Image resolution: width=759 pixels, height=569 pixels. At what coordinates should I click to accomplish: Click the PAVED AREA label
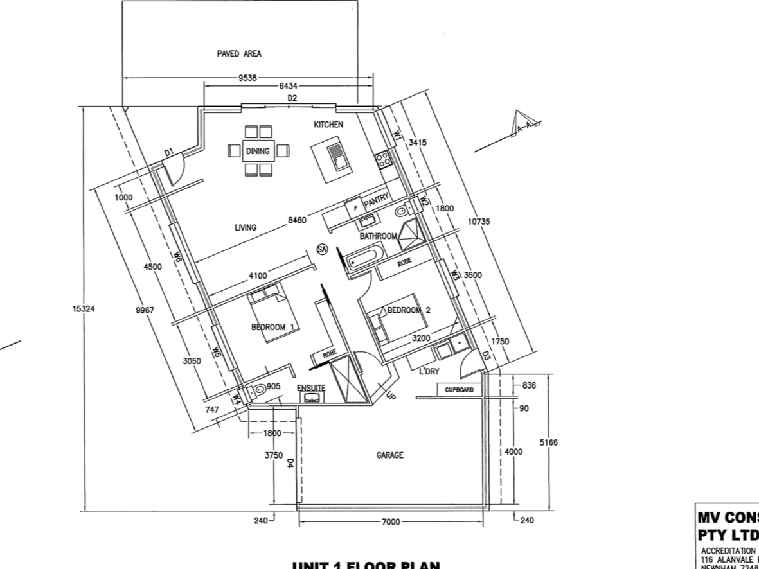click(x=239, y=54)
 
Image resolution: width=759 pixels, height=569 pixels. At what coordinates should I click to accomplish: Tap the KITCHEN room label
click(x=328, y=125)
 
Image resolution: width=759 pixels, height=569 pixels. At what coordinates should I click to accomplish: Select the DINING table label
click(x=258, y=152)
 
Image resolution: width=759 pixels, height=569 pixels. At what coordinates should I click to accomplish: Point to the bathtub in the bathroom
click(x=362, y=258)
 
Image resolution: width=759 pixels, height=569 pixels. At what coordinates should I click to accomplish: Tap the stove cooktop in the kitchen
click(x=384, y=159)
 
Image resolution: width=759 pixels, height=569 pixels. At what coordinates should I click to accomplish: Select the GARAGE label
click(x=389, y=455)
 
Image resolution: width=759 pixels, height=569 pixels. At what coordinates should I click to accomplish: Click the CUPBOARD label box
click(x=459, y=390)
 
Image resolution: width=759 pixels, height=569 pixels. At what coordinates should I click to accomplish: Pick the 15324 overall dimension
click(x=79, y=309)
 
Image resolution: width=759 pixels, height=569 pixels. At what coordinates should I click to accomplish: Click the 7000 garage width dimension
click(x=391, y=522)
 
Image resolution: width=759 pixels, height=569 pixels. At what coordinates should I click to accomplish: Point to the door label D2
click(x=292, y=98)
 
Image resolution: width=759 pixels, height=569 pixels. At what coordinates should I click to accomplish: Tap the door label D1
click(x=169, y=152)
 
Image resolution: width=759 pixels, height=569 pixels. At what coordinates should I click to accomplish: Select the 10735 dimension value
click(x=479, y=222)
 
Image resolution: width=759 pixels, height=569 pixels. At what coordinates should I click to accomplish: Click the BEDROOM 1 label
click(x=272, y=327)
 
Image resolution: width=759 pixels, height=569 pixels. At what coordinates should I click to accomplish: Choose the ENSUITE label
click(x=311, y=387)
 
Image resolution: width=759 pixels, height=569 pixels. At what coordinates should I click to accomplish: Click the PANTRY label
click(x=377, y=201)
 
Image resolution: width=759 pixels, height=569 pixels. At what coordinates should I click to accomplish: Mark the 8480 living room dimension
click(x=298, y=220)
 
